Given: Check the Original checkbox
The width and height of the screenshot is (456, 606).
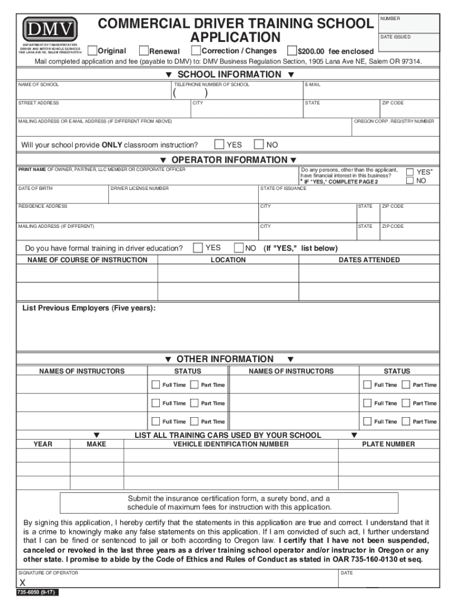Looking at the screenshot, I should point(92,50).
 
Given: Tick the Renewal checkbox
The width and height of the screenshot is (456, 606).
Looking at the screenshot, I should point(143,50).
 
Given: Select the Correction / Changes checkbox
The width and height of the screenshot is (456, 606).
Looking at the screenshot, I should point(197,50).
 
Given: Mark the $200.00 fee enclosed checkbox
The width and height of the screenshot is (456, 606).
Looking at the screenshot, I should point(292,50).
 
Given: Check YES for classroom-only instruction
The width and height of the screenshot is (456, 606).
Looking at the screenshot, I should point(219,144).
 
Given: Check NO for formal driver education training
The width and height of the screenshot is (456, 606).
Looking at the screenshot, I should point(239,248).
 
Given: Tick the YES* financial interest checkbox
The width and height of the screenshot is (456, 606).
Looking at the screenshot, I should point(410,172).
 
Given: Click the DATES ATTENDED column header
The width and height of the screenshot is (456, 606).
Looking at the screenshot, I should point(369,260).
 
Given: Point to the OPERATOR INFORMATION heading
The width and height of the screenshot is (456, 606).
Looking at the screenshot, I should point(228,160).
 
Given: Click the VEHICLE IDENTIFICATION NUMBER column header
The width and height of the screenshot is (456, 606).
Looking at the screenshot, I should point(230,444).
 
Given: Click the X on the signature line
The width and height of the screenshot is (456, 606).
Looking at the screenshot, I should point(23,583).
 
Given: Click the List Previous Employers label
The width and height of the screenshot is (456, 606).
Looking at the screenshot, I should point(89,308).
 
